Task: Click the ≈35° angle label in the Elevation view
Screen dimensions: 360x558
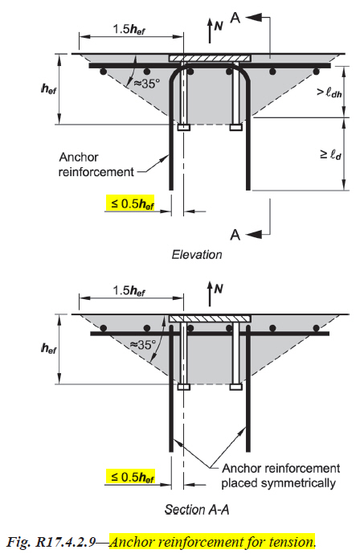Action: tap(146, 84)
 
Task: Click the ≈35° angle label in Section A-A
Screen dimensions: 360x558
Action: tap(142, 344)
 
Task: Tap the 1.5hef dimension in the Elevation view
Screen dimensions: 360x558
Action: tap(129, 29)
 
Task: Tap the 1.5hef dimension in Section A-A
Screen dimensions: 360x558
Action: tap(129, 291)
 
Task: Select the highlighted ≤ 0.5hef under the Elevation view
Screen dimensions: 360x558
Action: tap(130, 204)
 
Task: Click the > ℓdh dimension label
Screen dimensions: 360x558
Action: tap(329, 93)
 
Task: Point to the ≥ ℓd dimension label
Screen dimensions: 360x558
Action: tap(331, 155)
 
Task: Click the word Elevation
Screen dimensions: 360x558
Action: tap(197, 254)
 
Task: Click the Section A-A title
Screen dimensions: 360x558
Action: tap(197, 509)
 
